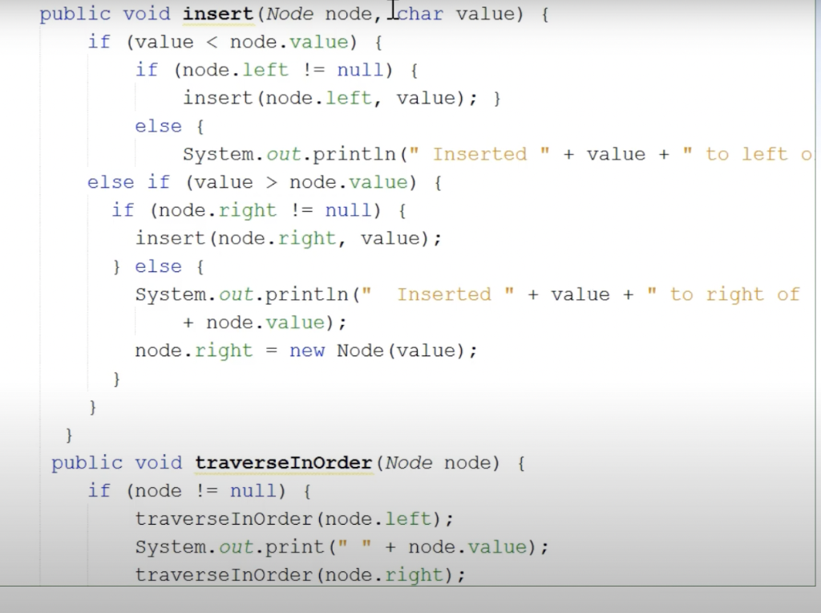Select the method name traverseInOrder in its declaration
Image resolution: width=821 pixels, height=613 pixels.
[284, 463]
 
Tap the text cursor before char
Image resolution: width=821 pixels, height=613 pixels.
[394, 10]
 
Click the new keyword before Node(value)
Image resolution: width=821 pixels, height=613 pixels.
[307, 351]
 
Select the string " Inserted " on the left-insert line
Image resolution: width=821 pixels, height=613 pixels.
[479, 154]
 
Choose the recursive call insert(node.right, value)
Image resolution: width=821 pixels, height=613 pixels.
[289, 238]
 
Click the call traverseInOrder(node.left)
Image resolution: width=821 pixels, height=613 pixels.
[294, 519]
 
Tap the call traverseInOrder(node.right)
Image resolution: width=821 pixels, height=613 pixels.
[300, 575]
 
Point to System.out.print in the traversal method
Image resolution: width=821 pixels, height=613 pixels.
[229, 547]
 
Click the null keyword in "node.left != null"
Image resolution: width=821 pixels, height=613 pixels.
[360, 70]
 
